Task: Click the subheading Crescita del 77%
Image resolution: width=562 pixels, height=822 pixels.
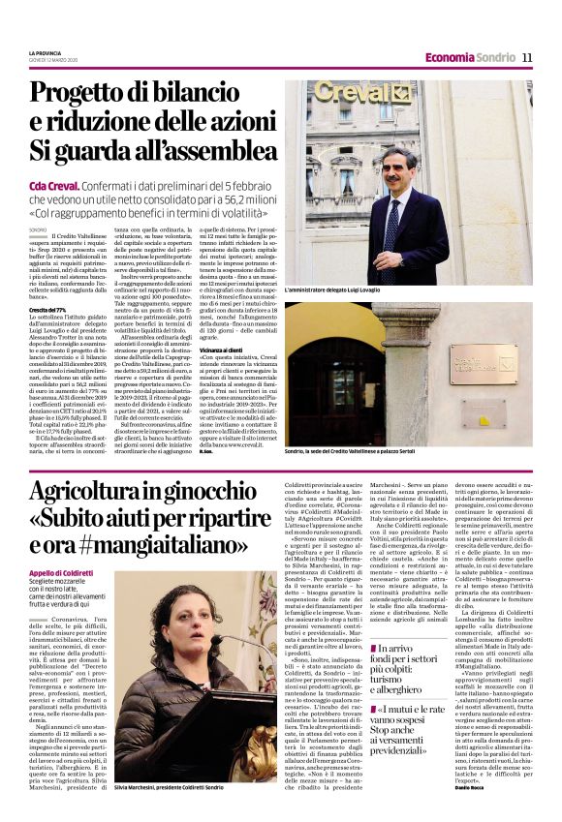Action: click(x=48, y=309)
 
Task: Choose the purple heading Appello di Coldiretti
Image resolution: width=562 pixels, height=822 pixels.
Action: click(x=61, y=571)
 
